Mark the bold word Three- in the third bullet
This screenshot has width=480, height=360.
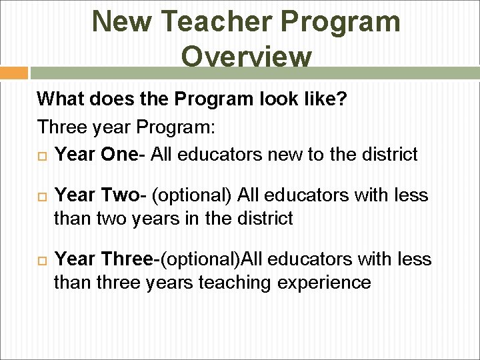tap(132, 259)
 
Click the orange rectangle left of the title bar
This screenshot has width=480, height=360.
tap(14, 73)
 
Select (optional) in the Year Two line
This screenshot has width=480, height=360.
tap(192, 195)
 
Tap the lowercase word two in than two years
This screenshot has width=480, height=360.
tap(115, 218)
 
